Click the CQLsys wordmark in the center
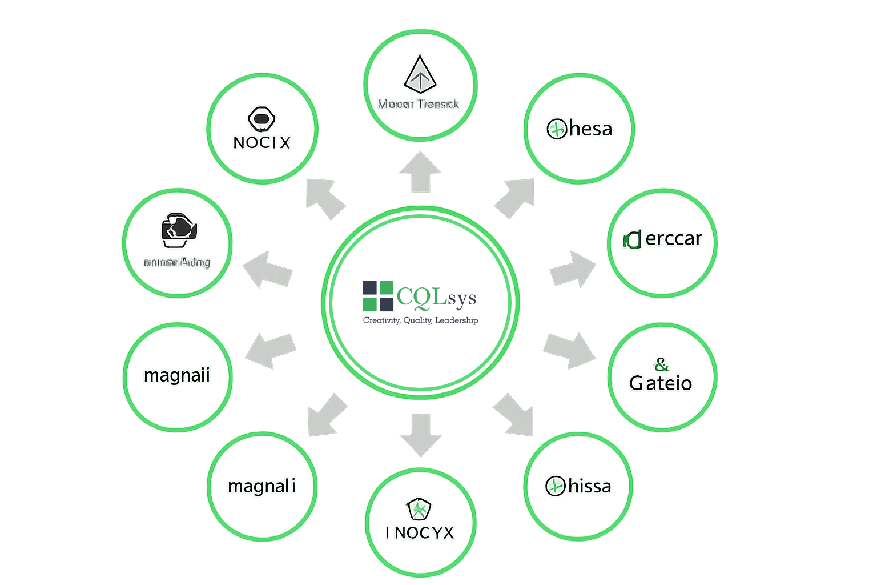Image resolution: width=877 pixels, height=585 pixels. [436, 297]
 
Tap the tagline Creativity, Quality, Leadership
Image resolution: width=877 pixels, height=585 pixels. [420, 320]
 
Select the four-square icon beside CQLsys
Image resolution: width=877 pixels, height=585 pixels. [378, 296]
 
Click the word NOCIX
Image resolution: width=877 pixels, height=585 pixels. [262, 142]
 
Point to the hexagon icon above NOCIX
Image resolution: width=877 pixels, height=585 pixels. [262, 119]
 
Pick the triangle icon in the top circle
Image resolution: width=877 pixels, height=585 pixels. [420, 75]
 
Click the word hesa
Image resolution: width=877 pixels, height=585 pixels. [591, 129]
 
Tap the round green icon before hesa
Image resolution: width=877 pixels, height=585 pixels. [556, 129]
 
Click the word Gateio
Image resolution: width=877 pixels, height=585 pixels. [661, 383]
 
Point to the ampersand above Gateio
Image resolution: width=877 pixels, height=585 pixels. [661, 364]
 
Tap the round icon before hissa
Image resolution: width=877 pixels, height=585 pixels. [555, 487]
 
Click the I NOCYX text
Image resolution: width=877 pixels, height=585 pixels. [420, 533]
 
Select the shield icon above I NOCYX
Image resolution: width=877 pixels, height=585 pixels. [419, 508]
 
